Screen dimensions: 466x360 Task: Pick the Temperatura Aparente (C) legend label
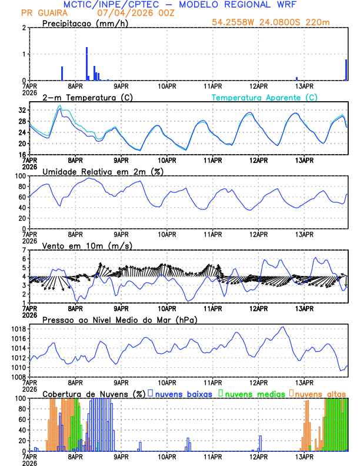click(x=265, y=97)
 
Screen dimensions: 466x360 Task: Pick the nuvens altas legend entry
click(x=318, y=393)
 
